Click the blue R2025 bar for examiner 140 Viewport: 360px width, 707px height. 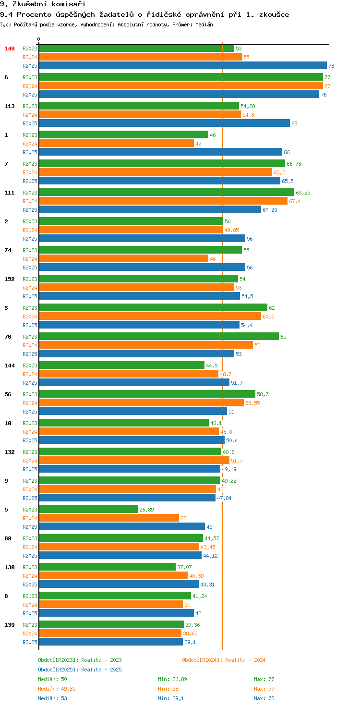point(182,66)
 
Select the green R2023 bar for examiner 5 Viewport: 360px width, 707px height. point(88,510)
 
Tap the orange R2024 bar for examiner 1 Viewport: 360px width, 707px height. point(116,144)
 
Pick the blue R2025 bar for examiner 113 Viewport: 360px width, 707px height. point(164,123)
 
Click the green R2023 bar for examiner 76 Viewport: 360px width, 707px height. point(158,337)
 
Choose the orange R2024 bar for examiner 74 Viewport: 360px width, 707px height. point(123,259)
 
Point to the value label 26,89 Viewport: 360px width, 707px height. point(146,510)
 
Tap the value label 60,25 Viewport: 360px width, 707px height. point(270,210)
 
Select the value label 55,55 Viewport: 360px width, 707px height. point(252,403)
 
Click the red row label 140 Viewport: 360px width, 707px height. point(10,49)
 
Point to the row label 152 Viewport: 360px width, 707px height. point(10,279)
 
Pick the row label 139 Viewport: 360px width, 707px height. point(10,625)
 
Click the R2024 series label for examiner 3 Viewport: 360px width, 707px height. point(30,317)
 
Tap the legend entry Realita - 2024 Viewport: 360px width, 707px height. point(224,660)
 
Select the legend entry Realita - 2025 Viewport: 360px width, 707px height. point(80,670)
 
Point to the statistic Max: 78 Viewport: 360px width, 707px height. point(264,698)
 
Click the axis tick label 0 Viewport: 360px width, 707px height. point(39,39)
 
